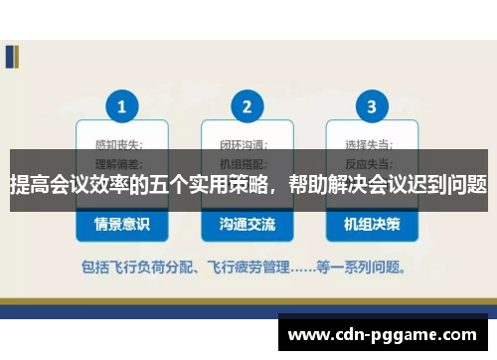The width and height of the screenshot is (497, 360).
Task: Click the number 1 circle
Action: (122, 104)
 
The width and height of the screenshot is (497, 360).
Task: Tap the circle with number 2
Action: (247, 104)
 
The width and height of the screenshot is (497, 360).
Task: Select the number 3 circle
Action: (372, 104)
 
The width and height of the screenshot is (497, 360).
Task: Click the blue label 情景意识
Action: (122, 225)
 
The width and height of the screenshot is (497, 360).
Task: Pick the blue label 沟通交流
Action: (247, 225)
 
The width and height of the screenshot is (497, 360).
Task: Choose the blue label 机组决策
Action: (372, 225)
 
